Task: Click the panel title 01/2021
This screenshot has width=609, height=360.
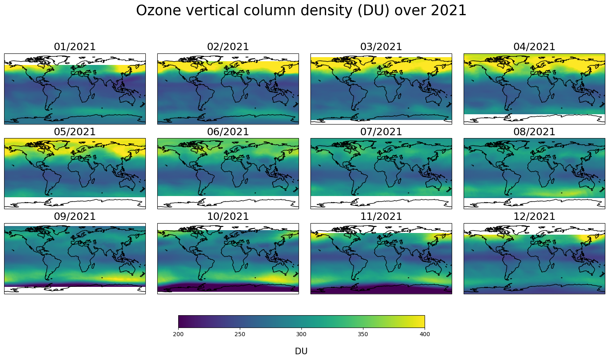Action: click(x=75, y=47)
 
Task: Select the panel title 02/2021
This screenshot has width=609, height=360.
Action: click(x=228, y=47)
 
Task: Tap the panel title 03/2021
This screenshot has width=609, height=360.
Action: click(x=381, y=47)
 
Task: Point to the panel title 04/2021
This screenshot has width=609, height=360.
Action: click(x=534, y=47)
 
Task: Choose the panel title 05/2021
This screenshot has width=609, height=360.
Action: click(x=75, y=132)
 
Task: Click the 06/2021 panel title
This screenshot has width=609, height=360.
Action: click(x=228, y=132)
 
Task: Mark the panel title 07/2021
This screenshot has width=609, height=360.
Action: click(x=381, y=132)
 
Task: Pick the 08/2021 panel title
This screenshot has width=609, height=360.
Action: click(x=534, y=132)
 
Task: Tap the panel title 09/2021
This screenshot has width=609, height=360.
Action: click(x=75, y=217)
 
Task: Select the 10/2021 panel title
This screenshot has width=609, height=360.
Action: click(x=228, y=217)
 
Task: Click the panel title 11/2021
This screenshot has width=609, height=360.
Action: click(x=381, y=217)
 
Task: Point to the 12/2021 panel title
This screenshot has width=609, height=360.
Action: click(x=534, y=217)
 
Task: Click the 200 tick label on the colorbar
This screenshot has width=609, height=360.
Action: click(x=178, y=334)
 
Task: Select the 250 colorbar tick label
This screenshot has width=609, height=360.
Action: click(x=240, y=334)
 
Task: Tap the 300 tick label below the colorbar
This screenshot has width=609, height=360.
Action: click(x=301, y=334)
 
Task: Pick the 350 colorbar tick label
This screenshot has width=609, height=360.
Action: click(x=363, y=334)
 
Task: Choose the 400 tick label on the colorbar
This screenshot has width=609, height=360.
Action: click(x=425, y=334)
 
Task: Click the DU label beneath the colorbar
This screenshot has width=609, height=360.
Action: click(x=301, y=351)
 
